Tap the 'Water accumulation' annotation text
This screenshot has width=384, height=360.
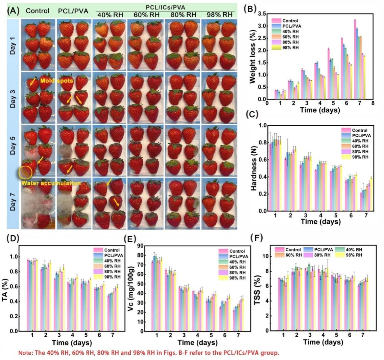tap(51, 183)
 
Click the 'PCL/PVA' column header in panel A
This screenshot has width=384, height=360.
tap(72, 11)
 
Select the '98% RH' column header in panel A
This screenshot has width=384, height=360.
tap(221, 15)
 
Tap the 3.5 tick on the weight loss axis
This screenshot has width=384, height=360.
tap(262, 14)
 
